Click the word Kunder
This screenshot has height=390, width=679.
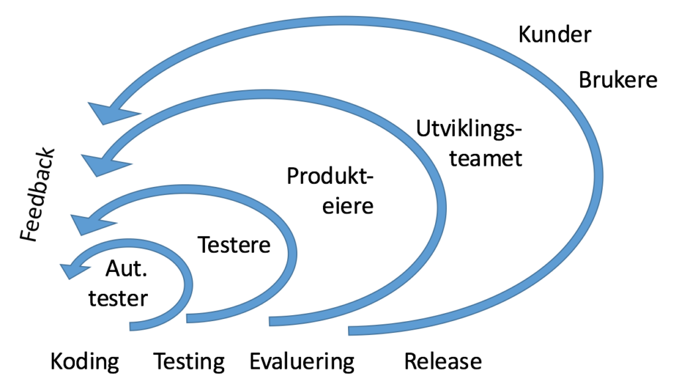pyautogui.click(x=554, y=35)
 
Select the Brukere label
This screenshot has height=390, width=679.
pyautogui.click(x=618, y=80)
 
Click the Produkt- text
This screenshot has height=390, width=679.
pyautogui.click(x=331, y=176)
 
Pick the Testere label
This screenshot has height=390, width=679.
pyautogui.click(x=235, y=245)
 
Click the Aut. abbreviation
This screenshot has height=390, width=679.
pyautogui.click(x=127, y=269)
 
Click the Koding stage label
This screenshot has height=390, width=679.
pyautogui.click(x=85, y=362)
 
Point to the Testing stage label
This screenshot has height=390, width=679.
pyautogui.click(x=189, y=362)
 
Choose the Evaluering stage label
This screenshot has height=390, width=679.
pyautogui.click(x=302, y=362)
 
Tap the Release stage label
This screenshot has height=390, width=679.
pyautogui.click(x=442, y=362)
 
